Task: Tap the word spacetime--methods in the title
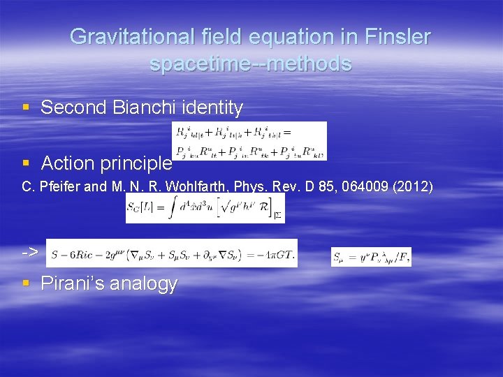coord(250,64)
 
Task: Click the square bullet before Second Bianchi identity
coord(27,108)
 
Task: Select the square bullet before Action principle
coord(27,163)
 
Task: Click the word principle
coord(139,163)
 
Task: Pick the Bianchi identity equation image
coord(249,140)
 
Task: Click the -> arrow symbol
coord(30,251)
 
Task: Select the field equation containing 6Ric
coord(172,253)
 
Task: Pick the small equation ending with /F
coord(371,256)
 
